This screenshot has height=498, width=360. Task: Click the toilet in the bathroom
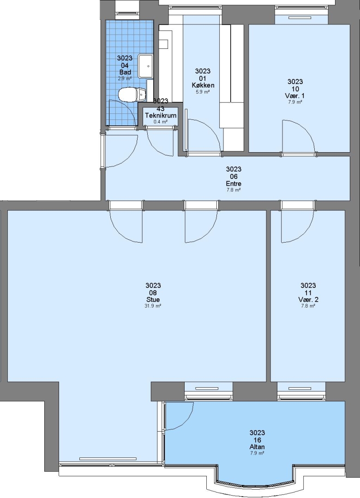tap(132, 95)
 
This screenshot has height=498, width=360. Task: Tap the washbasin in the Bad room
tap(145, 66)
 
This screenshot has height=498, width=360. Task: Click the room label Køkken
tap(203, 85)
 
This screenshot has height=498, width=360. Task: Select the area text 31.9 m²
tap(153, 306)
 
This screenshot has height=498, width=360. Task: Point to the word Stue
tap(153, 300)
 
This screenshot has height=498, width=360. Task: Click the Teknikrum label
tap(161, 115)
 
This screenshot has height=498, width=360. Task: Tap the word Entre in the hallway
tap(234, 184)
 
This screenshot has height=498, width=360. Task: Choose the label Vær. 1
tap(295, 95)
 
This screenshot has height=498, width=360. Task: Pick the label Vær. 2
tap(308, 300)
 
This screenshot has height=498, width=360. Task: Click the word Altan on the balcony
tap(257, 447)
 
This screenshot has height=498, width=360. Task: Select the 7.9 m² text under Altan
tap(257, 453)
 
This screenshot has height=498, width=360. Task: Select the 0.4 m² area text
tap(161, 122)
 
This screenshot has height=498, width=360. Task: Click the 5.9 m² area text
tap(203, 92)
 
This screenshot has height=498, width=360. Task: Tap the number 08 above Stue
tap(153, 293)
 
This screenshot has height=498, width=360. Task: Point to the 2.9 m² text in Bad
tap(125, 78)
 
